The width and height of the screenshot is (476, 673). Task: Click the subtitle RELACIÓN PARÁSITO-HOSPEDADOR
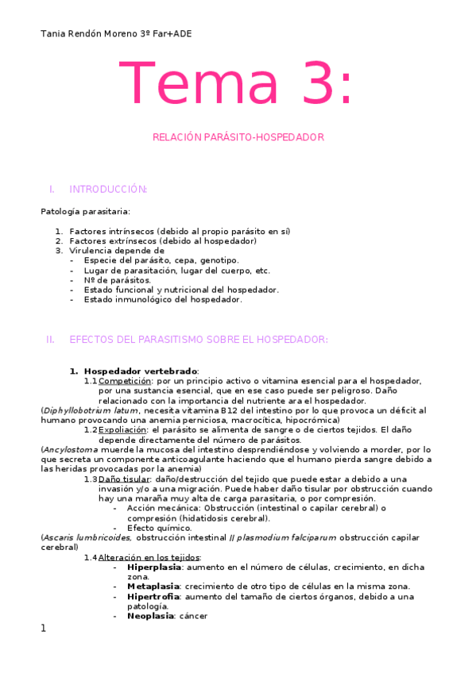238,137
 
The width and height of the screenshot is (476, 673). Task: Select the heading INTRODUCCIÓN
108,189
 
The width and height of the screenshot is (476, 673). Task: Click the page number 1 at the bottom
44,629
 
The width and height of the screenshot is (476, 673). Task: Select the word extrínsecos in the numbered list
132,240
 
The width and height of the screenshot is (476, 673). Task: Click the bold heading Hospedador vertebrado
141,371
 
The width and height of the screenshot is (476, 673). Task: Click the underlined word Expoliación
122,429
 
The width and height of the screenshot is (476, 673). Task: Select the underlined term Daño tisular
124,479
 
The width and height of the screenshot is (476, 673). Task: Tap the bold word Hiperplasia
153,567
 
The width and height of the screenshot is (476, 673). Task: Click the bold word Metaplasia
153,586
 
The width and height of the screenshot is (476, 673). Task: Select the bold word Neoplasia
150,615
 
